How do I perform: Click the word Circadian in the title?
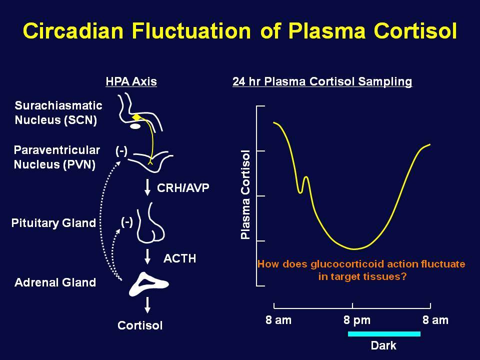click(x=73, y=30)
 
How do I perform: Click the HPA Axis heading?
click(x=131, y=81)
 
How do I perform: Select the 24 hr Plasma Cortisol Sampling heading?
click(x=322, y=81)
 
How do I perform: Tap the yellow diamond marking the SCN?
click(x=136, y=117)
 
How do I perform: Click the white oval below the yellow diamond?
click(x=135, y=126)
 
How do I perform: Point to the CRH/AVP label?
click(x=183, y=187)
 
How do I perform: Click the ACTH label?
click(x=179, y=258)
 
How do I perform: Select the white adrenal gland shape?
click(x=148, y=284)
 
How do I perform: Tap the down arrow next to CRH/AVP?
click(x=147, y=187)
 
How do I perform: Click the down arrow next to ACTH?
click(x=147, y=257)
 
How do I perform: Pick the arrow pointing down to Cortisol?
click(x=147, y=305)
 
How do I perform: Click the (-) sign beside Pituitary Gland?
click(x=126, y=222)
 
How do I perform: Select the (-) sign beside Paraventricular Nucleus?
click(x=121, y=150)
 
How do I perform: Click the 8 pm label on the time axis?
click(x=357, y=320)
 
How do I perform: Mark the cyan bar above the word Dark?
click(x=384, y=333)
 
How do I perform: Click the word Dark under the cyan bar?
click(x=383, y=345)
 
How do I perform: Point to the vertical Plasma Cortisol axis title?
click(x=245, y=194)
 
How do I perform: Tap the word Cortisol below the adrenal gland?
click(x=140, y=325)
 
